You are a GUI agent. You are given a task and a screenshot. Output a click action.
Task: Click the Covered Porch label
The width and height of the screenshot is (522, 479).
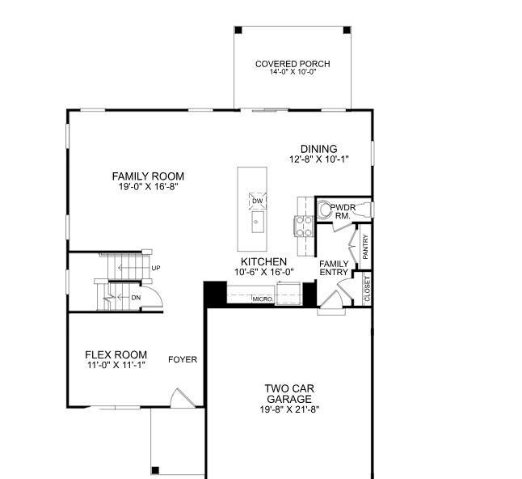point(293,64)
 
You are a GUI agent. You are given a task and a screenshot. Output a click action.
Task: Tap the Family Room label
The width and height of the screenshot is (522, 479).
point(148,176)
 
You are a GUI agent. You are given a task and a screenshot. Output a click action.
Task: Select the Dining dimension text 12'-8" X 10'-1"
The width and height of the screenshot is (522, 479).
point(319,159)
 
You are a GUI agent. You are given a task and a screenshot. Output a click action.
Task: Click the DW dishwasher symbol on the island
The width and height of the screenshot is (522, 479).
point(257,201)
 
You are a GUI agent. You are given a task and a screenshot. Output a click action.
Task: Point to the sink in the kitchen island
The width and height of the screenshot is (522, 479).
point(258,222)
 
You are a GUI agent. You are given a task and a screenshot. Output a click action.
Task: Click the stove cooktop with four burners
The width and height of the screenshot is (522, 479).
point(305,226)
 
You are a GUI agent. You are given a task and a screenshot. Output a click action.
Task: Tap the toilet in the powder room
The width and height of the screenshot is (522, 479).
point(323,210)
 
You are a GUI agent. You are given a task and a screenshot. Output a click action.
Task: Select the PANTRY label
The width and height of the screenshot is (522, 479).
point(365,247)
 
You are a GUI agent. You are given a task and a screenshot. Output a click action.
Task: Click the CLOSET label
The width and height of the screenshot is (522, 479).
point(367,289)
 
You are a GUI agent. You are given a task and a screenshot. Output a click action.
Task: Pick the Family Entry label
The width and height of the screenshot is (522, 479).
point(334,268)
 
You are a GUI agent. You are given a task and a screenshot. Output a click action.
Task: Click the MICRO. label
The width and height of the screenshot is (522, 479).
point(263,299)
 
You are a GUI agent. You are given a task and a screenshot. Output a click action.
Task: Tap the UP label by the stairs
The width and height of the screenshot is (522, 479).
point(156,268)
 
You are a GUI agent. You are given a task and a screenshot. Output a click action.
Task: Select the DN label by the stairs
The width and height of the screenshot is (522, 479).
point(136,298)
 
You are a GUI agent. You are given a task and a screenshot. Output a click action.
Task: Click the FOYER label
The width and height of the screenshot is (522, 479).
point(183,360)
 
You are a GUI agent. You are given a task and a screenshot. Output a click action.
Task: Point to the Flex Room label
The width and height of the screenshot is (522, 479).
point(116,354)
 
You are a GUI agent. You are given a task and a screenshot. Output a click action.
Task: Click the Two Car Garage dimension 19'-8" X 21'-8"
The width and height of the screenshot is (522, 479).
point(289,409)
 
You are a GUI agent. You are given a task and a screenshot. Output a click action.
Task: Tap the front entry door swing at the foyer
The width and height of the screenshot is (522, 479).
point(183,397)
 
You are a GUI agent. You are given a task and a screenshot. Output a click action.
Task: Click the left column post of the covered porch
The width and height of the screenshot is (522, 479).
point(238,30)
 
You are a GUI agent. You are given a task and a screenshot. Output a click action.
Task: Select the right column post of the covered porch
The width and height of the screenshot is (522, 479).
point(347,30)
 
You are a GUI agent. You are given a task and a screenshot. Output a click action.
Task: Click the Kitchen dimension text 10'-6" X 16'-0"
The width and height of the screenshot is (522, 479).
point(264,273)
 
